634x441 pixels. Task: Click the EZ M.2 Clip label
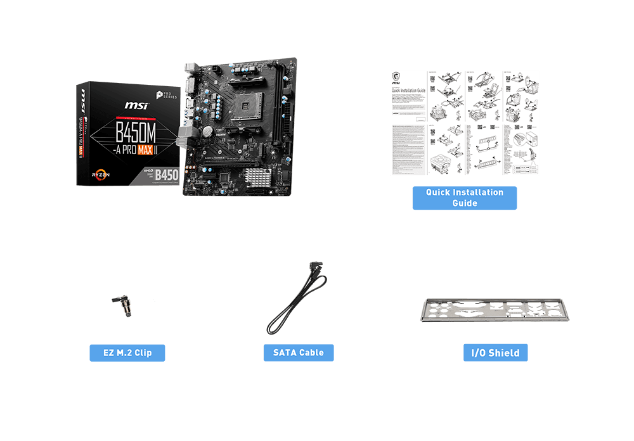coord(127,353)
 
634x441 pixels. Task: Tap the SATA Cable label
coord(299,353)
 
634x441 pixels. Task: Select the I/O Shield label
coord(495,353)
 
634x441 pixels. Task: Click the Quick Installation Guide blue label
coord(465,198)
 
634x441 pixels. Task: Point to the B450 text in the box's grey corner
coord(166,174)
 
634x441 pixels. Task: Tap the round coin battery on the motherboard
coord(207,132)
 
